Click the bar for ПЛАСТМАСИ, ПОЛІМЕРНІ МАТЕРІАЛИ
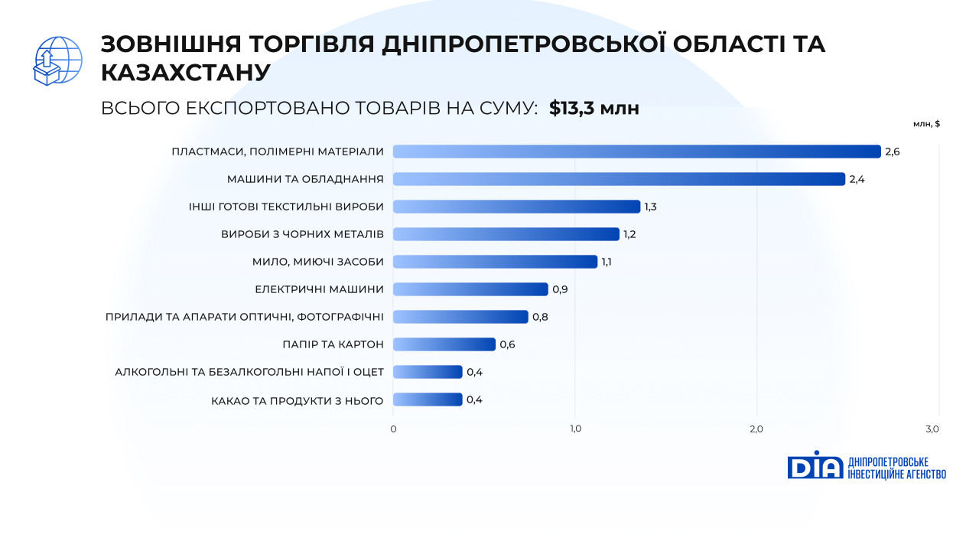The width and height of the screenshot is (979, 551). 636,152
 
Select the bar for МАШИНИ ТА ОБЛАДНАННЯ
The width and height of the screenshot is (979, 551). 619,179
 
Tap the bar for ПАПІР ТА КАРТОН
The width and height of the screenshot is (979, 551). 444,344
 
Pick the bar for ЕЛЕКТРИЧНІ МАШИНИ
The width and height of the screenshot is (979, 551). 470,289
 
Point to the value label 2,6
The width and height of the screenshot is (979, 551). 893,152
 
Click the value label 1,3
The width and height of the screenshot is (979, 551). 651,207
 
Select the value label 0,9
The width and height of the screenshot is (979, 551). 560,289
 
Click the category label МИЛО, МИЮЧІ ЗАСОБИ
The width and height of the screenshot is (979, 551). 317,262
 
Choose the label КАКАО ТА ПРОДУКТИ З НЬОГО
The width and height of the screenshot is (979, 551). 297,399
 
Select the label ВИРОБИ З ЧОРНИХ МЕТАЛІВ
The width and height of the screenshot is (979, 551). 302,234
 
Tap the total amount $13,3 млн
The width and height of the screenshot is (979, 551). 594,109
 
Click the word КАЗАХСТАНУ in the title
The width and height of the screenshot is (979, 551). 186,72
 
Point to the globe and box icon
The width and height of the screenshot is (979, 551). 58,60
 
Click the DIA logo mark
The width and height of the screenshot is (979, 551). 815,465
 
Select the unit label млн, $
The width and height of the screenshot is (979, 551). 926,123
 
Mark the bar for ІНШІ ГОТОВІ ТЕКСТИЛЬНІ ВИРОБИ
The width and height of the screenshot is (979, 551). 516,207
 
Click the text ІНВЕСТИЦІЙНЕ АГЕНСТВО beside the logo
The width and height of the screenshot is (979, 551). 897,474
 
